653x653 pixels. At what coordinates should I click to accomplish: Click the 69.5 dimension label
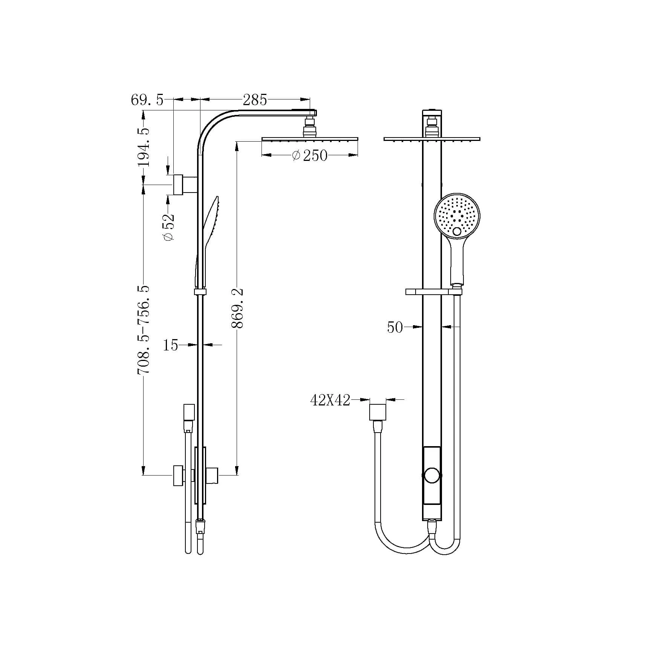pyautogui.click(x=147, y=100)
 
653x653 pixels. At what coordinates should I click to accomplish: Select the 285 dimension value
pyautogui.click(x=255, y=100)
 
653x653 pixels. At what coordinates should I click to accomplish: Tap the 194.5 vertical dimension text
pyautogui.click(x=143, y=147)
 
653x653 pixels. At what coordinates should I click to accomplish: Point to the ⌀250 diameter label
pyautogui.click(x=310, y=155)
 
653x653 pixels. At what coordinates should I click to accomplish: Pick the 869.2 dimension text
pyautogui.click(x=238, y=308)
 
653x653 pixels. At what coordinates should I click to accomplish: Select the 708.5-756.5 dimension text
pyautogui.click(x=144, y=330)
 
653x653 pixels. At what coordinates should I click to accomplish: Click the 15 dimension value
pyautogui.click(x=170, y=345)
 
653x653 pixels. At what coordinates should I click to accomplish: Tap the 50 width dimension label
pyautogui.click(x=395, y=327)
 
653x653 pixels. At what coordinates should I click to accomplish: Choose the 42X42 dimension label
pyautogui.click(x=330, y=400)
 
